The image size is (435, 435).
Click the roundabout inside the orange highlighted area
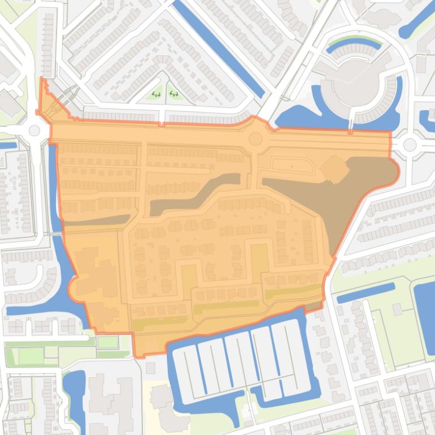(x=255, y=138)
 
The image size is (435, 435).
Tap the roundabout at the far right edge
(x=410, y=145)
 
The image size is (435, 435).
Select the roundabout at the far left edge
(x=34, y=130)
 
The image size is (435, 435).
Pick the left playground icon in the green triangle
(x=156, y=94)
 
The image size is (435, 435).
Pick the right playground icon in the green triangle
(x=174, y=94)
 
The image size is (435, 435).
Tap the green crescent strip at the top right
(x=354, y=43)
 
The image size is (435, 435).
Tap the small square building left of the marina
(x=150, y=368)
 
